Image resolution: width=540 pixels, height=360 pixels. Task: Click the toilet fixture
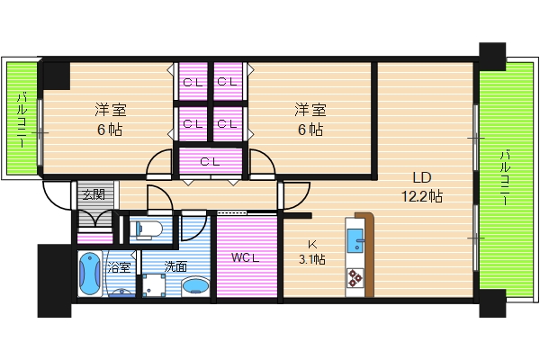pos(148,229)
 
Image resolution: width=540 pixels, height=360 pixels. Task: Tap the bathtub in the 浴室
pos(90,274)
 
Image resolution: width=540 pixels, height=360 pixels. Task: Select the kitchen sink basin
pos(355,240)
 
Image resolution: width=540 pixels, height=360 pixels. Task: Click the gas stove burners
pos(355,278)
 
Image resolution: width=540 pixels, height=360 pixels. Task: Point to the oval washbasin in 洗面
pos(195,286)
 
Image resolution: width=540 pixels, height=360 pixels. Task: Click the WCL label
pos(245,257)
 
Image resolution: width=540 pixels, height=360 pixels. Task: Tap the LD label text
pos(422,178)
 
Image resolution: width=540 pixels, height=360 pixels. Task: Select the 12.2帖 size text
pos(422,196)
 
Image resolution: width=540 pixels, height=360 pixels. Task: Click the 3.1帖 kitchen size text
pos(312,259)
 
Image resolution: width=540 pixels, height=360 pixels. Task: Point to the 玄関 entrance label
pos(94,195)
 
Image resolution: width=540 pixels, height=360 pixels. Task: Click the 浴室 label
pos(119,266)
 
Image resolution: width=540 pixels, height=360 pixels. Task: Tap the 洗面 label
pos(175,266)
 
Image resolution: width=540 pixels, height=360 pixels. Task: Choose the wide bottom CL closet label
pos(210,161)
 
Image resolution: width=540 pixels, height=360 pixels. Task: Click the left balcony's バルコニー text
pos(22,120)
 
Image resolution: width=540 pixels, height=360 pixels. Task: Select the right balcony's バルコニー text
pos(506,177)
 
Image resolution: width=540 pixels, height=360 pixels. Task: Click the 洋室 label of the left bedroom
pos(111,110)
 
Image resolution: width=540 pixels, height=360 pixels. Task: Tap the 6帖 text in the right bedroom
pos(310,130)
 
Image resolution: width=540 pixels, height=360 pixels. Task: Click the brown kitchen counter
pos(366,254)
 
